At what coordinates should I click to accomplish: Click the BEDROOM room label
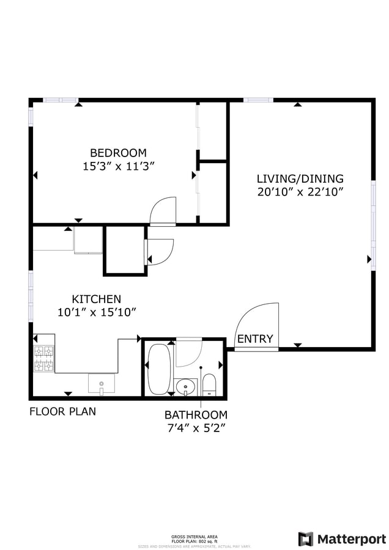pyautogui.click(x=118, y=153)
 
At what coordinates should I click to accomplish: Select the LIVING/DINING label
pyautogui.click(x=300, y=179)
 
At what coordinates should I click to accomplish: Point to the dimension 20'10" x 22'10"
pyautogui.click(x=300, y=192)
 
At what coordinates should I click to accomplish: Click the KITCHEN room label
pyautogui.click(x=97, y=299)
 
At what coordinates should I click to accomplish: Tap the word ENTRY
pyautogui.click(x=255, y=339)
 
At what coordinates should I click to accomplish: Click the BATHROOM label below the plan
pyautogui.click(x=196, y=414)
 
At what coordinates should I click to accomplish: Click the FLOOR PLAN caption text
pyautogui.click(x=62, y=411)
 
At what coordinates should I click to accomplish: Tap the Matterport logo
pyautogui.click(x=343, y=539)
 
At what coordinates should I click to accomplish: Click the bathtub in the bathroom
pyautogui.click(x=159, y=369)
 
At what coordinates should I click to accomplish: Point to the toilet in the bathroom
pyautogui.click(x=209, y=384)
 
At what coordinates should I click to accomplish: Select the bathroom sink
pyautogui.click(x=185, y=387)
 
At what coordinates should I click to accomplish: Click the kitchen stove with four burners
pyautogui.click(x=44, y=358)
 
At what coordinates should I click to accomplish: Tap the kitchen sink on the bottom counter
pyautogui.click(x=102, y=383)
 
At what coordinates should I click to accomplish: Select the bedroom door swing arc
pyautogui.click(x=163, y=211)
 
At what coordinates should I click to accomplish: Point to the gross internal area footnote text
pyautogui.click(x=194, y=538)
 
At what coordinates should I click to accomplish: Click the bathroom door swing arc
pyautogui.click(x=188, y=353)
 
